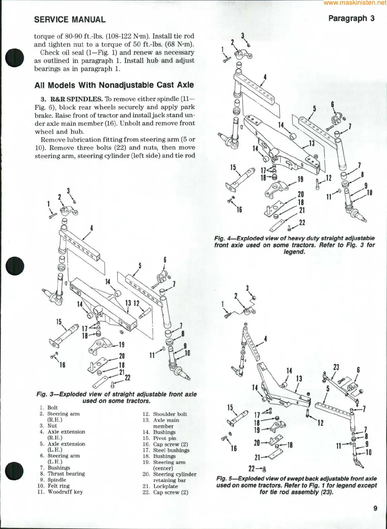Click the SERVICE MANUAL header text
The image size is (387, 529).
70,20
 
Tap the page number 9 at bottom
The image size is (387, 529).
375,508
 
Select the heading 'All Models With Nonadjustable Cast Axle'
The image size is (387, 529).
114,85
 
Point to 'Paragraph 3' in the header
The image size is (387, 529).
351,19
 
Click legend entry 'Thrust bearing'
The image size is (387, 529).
66,474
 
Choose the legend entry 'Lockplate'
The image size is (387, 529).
166,486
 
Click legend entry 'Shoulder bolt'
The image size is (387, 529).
170,414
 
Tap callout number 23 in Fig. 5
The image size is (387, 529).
336,367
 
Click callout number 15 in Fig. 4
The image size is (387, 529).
233,168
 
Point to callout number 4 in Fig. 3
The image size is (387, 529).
92,228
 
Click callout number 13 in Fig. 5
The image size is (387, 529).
299,379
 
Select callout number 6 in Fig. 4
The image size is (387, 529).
332,104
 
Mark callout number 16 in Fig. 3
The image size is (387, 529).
63,365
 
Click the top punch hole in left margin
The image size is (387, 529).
14,58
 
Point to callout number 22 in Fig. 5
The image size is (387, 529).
252,468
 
